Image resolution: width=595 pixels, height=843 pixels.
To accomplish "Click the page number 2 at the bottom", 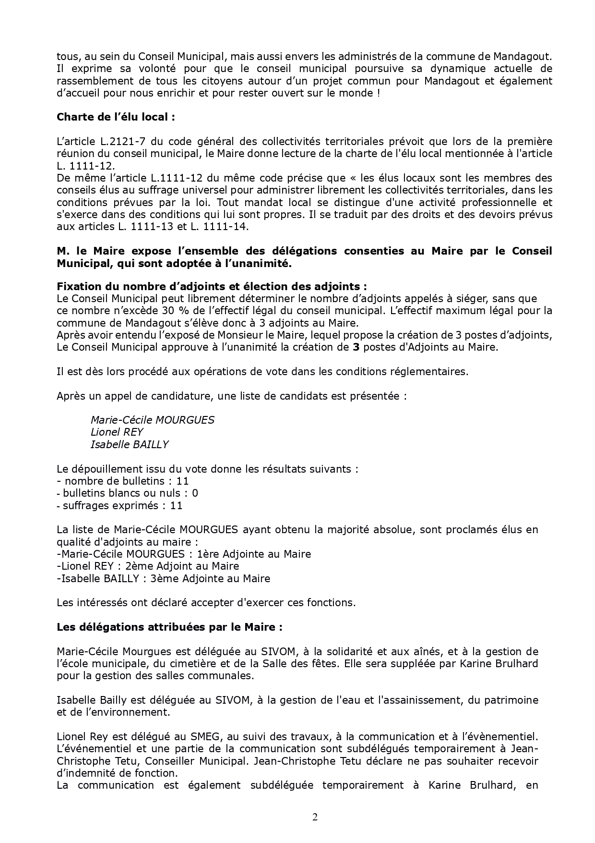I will (x=315, y=817).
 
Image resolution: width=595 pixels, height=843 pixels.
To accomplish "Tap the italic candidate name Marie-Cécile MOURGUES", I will (x=152, y=420).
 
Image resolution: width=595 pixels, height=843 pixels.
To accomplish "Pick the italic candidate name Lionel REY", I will (x=117, y=432).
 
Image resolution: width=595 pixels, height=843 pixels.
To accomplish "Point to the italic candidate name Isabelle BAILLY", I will (x=130, y=444).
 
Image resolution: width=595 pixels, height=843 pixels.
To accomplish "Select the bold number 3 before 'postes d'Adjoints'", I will (x=356, y=347).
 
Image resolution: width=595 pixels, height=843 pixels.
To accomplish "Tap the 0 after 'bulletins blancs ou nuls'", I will (x=195, y=493).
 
